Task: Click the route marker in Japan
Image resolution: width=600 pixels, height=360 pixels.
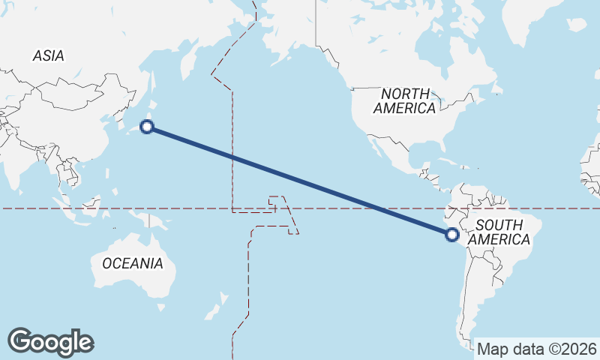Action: point(148,127)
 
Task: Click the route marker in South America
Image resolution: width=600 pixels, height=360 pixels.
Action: point(451,235)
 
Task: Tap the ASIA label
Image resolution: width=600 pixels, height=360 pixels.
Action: point(48,55)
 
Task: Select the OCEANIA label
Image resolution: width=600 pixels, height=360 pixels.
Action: point(132,263)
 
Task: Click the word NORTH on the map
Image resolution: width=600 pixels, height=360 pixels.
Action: point(405,94)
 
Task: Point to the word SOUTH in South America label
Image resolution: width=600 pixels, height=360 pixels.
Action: point(499,225)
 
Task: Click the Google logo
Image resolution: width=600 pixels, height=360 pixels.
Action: point(50,342)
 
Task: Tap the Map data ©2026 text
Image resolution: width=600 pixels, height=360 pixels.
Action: point(536,349)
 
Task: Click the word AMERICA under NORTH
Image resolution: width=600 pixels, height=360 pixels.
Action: point(404,108)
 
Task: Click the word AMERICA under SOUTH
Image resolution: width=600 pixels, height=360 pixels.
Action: point(499,240)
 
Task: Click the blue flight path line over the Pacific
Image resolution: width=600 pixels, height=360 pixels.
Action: point(300,181)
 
